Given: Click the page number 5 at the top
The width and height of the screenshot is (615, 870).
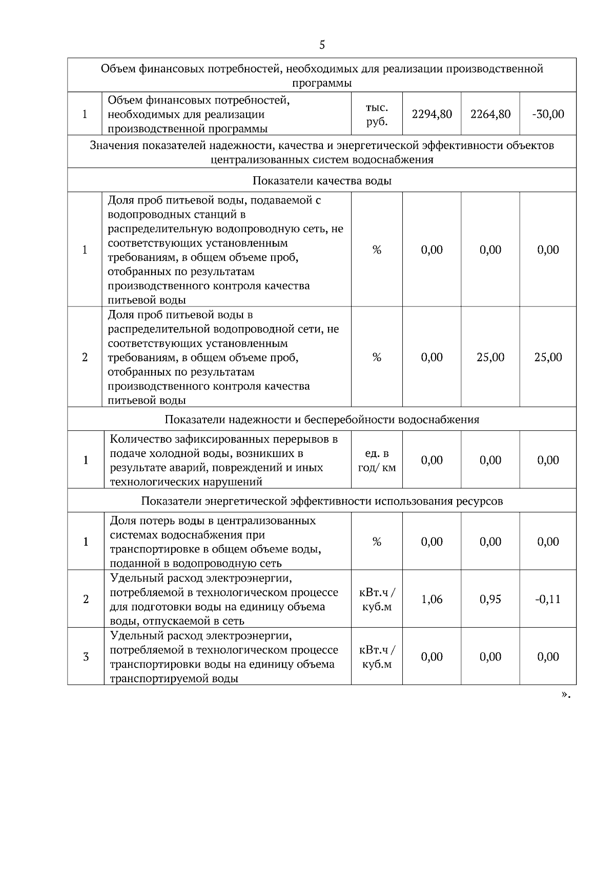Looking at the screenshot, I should (322, 45).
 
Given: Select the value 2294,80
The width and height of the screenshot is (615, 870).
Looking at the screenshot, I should (432, 114).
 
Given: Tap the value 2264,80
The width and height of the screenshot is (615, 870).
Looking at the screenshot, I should (490, 114).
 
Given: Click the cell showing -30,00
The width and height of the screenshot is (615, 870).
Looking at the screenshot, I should (548, 114).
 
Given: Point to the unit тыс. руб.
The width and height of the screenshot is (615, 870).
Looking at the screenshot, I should (377, 115).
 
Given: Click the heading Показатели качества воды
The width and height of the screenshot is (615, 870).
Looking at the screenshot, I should (322, 181).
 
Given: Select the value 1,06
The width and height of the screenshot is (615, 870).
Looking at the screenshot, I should (432, 599).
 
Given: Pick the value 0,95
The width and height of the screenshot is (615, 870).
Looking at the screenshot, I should (490, 599).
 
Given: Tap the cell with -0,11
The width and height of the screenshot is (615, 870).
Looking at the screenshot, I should (548, 599).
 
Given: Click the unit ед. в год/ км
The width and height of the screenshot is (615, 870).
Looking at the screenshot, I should (377, 460).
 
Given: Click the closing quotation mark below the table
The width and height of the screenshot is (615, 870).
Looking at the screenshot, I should (565, 695).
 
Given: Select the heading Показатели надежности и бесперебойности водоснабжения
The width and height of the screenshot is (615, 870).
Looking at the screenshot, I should (322, 420).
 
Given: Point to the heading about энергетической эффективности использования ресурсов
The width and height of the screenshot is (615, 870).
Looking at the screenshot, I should (322, 501).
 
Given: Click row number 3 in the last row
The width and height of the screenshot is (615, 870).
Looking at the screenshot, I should (86, 657).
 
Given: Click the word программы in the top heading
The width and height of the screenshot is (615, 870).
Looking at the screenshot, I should (322, 83).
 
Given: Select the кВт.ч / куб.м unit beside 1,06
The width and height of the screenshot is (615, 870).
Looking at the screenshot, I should (377, 599).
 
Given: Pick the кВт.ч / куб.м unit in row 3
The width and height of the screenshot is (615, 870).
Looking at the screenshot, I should (377, 657).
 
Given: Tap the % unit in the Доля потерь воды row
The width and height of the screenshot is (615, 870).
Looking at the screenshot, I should (377, 542).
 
